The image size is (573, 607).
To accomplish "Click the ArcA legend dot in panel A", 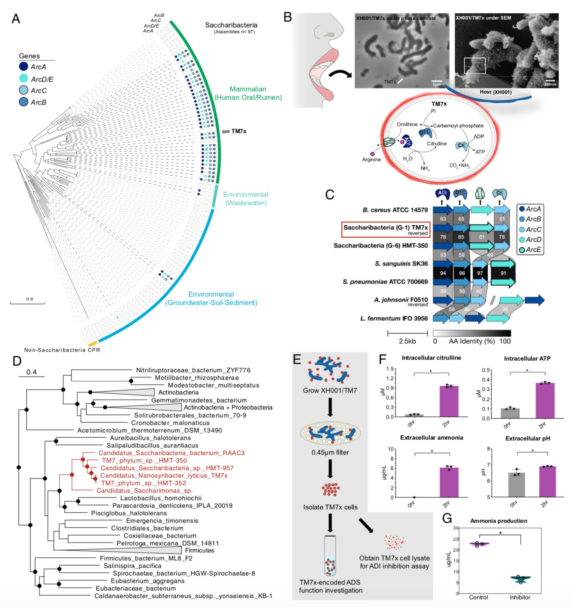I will (23, 66).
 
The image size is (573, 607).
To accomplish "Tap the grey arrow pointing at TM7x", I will (226, 131).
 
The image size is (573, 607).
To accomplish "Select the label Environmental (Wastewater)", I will (246, 199).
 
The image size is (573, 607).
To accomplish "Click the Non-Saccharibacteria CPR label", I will (62, 350).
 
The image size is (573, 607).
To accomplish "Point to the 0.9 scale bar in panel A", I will (28, 302).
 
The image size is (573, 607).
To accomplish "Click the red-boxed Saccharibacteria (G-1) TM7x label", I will (385, 230).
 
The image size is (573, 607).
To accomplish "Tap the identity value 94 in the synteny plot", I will (443, 273).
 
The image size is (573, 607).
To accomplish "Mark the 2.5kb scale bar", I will (407, 333).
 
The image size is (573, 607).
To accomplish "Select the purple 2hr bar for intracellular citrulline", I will (449, 401).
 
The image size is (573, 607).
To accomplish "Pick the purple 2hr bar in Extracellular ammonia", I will (449, 482).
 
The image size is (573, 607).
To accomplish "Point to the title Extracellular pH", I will (527, 438).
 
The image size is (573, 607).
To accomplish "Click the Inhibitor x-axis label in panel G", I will (520, 597).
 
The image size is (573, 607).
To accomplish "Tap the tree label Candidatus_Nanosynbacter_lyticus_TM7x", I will (164, 475).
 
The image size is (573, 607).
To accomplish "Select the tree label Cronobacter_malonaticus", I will (170, 423).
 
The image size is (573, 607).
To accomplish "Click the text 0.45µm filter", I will (330, 452).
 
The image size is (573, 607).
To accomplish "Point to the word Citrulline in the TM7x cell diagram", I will (436, 143).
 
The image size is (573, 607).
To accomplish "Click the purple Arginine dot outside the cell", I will (372, 154).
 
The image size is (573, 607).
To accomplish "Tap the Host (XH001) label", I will (495, 92).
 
